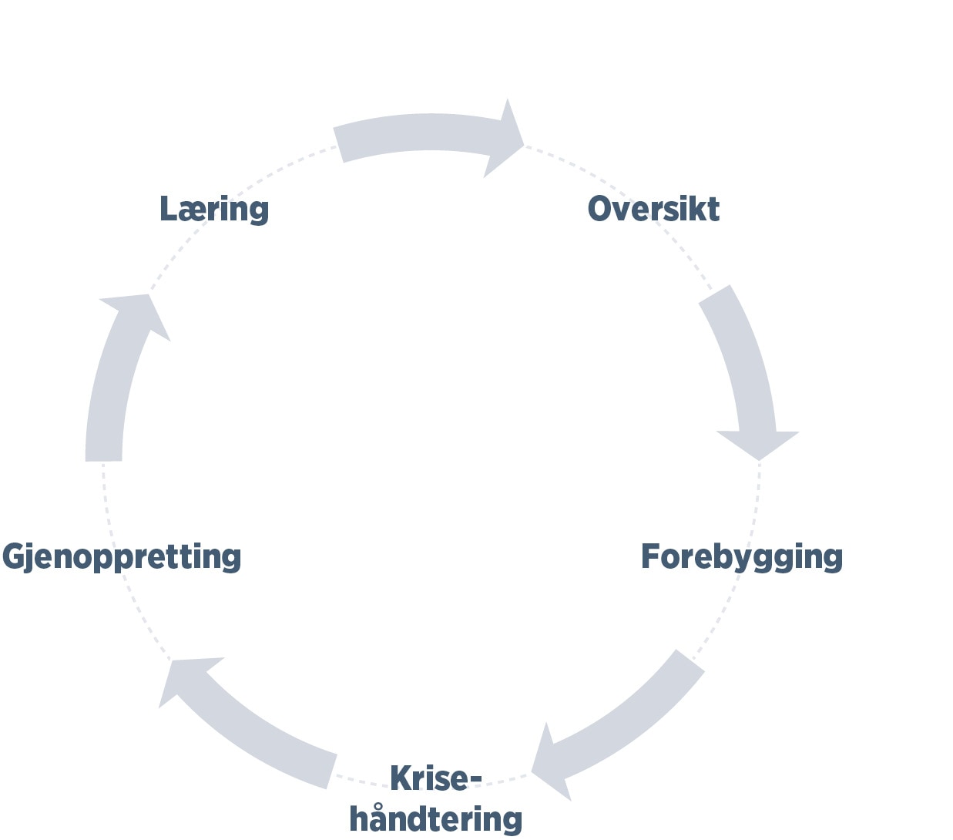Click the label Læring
coord(213,209)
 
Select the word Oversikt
coord(653,209)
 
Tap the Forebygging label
coord(741,557)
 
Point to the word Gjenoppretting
coord(122,557)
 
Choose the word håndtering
coord(435,818)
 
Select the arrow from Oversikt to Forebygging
coord(740,362)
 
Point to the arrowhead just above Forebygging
coord(758,443)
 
